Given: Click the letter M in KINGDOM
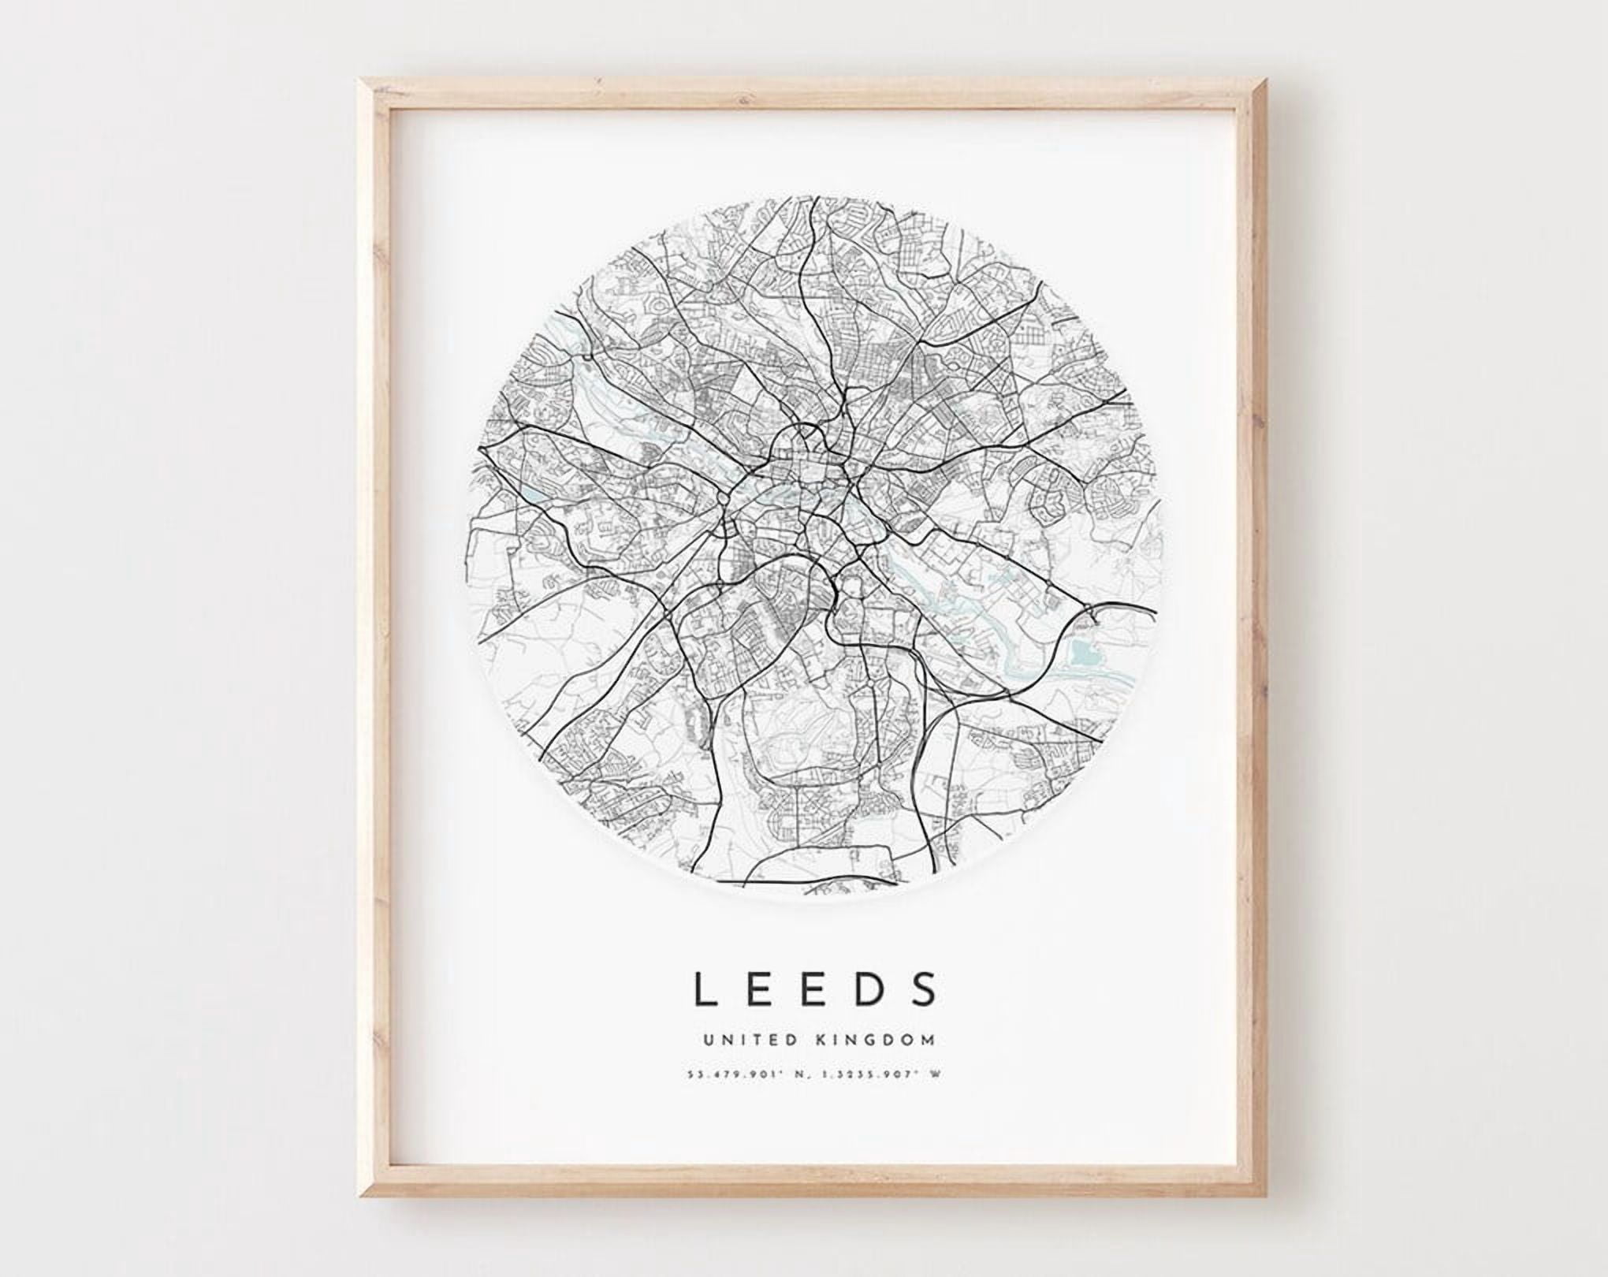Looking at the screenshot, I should pos(931,1041).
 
